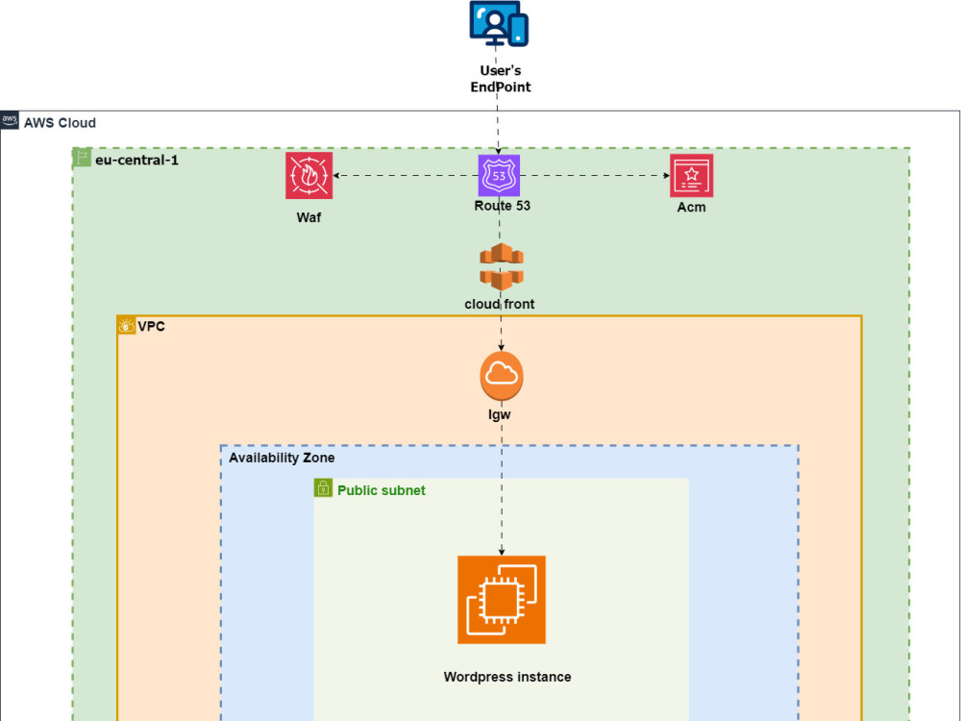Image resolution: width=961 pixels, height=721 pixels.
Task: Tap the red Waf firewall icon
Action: click(308, 176)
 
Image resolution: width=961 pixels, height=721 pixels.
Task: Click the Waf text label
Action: click(308, 217)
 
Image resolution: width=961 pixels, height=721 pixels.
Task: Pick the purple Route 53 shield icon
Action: click(499, 176)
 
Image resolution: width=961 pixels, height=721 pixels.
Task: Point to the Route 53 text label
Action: click(502, 206)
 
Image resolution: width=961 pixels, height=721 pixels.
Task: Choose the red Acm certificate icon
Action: click(691, 176)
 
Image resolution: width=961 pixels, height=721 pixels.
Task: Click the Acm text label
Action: click(691, 207)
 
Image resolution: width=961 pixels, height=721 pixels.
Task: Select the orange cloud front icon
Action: click(499, 267)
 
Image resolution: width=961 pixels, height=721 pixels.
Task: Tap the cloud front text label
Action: click(499, 304)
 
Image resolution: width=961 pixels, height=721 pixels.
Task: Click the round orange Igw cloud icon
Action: click(501, 376)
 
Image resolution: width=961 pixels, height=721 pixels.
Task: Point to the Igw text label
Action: click(500, 414)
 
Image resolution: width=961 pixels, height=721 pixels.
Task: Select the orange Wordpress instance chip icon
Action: click(501, 600)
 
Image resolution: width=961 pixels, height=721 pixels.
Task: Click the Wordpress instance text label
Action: click(507, 677)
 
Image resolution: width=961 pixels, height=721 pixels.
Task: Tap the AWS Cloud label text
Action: click(60, 123)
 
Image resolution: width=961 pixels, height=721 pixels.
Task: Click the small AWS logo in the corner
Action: click(10, 120)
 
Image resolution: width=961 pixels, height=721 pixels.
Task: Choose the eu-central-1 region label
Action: click(136, 160)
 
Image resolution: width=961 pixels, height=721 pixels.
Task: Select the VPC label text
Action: click(152, 327)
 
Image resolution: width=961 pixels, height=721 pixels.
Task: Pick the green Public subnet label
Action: click(381, 490)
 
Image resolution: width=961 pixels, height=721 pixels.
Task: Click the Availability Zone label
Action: click(282, 459)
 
